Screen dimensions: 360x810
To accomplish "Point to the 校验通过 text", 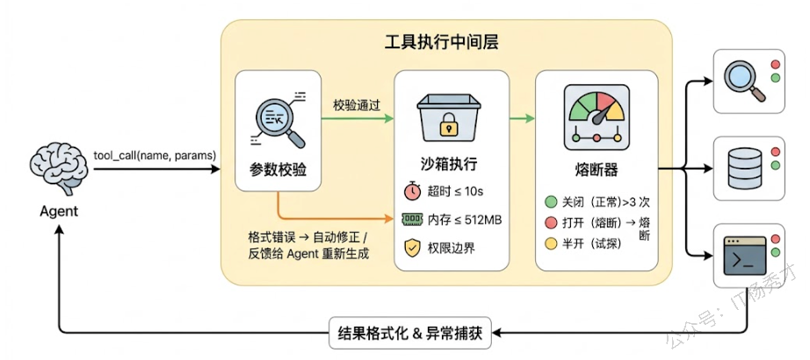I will point(356,105).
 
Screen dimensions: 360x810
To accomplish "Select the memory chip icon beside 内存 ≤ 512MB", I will point(412,219).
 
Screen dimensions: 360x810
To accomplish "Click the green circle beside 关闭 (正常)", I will point(551,200).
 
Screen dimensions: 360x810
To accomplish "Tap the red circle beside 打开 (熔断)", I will point(551,221).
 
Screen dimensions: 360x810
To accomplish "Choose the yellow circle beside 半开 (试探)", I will point(551,242).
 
